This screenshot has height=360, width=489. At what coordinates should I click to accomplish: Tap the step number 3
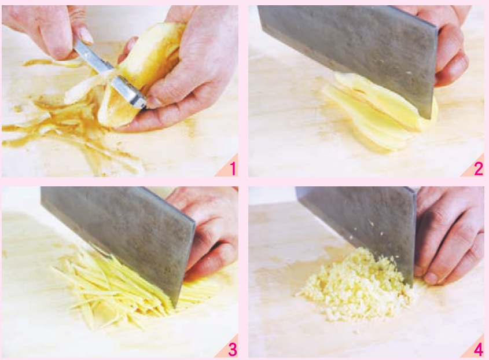pyautogui.click(x=233, y=350)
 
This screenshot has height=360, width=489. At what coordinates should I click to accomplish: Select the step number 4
pyautogui.click(x=479, y=350)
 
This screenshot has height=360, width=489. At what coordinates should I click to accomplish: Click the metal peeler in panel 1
pyautogui.click(x=109, y=72)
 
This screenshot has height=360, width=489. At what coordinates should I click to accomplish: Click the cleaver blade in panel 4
pyautogui.click(x=359, y=225)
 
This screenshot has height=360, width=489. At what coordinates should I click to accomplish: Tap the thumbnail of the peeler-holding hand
pyautogui.click(x=84, y=35)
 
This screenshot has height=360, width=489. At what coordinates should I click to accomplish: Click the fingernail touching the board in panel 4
pyautogui.click(x=431, y=278)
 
